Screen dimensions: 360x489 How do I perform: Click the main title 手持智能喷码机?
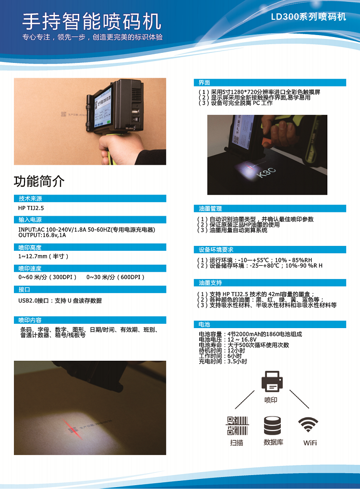point(92,21)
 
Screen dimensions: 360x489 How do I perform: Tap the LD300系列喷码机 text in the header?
point(308,16)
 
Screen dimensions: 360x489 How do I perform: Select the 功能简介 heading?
point(39,181)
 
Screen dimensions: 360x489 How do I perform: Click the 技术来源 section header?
point(30,199)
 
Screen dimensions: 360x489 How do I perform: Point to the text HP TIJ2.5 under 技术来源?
point(31,208)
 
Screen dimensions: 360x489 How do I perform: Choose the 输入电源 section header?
point(30,220)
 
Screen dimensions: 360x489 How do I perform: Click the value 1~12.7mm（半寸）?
point(43,257)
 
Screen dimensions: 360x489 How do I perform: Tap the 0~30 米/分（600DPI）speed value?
point(116,277)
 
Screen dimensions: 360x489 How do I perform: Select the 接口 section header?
point(24,289)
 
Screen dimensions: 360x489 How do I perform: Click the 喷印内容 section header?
point(30,320)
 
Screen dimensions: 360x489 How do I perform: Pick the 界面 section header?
point(204,83)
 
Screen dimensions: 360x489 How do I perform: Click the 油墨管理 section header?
point(210,208)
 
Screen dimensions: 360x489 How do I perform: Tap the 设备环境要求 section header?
point(216,249)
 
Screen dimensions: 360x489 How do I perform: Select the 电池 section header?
point(204,324)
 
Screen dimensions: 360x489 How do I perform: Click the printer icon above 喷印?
point(272,381)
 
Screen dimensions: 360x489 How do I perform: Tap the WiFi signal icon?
point(308,424)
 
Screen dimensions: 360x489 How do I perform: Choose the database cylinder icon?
point(273,426)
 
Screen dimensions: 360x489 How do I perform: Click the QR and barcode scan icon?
point(237,426)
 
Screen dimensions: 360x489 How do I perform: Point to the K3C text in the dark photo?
point(266,172)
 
